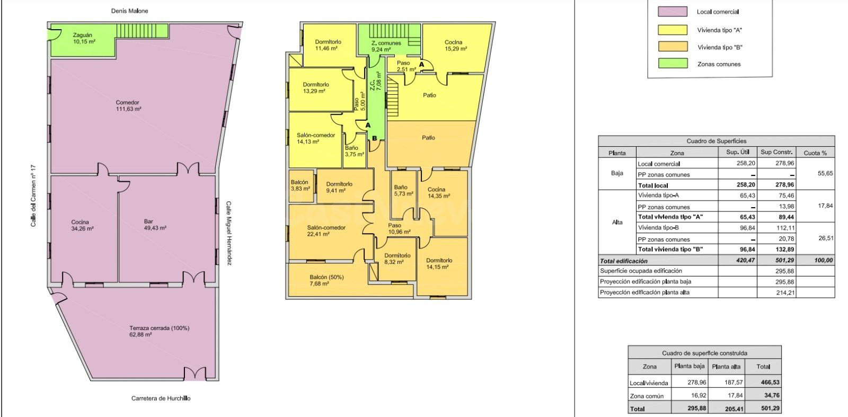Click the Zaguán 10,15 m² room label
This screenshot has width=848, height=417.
click(84, 38)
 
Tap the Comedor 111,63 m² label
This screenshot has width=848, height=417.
click(128, 105)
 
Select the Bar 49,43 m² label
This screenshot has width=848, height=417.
click(155, 225)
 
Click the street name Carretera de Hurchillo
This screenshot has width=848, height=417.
click(161, 398)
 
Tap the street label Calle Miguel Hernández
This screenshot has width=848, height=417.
click(228, 233)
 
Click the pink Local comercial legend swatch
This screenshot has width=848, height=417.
click(673, 12)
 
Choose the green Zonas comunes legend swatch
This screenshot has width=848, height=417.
click(673, 64)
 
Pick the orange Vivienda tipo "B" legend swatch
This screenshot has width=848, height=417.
click(673, 47)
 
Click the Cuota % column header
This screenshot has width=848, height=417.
click(815, 153)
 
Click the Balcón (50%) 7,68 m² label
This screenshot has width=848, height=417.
click(326, 280)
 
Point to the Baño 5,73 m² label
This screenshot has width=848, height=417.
click(403, 190)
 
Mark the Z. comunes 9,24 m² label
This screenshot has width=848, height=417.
click(386, 46)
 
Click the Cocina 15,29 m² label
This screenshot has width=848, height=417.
click(455, 46)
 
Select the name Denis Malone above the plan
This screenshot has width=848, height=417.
click(129, 11)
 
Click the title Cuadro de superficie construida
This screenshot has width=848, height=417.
click(704, 353)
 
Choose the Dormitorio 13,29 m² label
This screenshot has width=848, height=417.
click(316, 88)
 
